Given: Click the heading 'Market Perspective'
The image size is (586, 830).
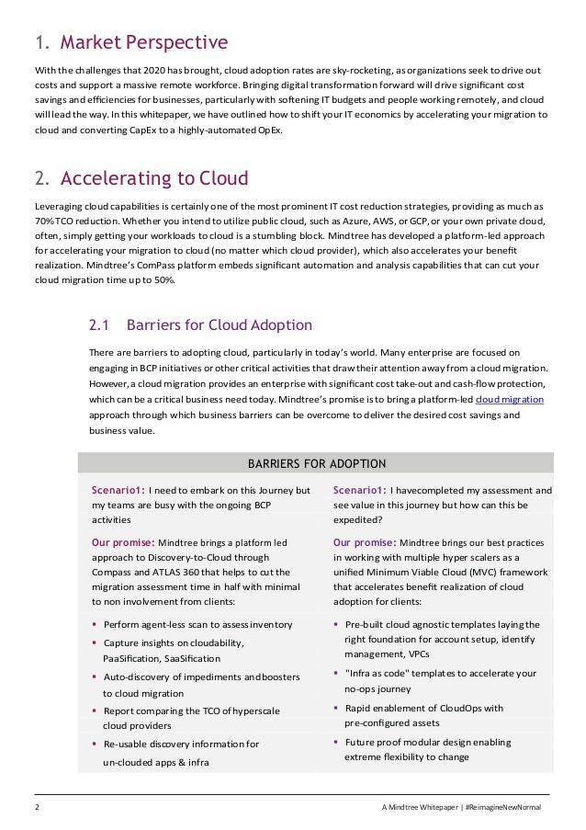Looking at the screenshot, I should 143,42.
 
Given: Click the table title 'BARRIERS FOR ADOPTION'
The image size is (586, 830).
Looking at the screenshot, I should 317,463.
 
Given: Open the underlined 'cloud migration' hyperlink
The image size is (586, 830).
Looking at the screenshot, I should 509,400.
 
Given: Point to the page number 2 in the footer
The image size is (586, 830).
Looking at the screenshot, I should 37,807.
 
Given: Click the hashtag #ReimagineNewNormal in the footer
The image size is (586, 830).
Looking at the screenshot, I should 503,807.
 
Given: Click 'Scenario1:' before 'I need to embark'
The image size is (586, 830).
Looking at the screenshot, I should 118,490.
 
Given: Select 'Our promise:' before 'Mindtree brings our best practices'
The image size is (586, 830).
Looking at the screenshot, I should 365,542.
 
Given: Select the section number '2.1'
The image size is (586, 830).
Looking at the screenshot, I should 99,324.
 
